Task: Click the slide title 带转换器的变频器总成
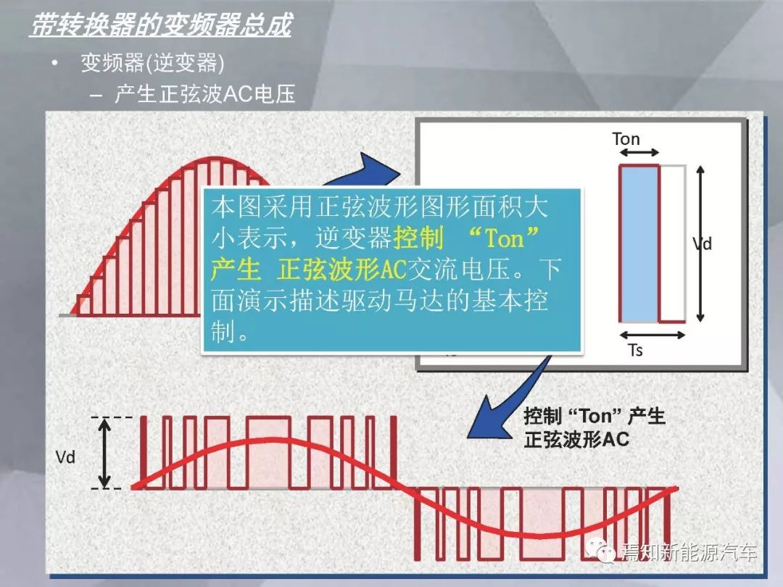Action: (161, 25)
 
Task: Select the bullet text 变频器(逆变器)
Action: (152, 63)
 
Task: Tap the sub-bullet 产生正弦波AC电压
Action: (205, 93)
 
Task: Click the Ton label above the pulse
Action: (626, 138)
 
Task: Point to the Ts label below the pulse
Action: (634, 350)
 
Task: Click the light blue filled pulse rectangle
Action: (639, 243)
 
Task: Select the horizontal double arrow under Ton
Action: (639, 152)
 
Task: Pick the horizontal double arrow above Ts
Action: (652, 335)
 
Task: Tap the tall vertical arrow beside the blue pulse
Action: (700, 243)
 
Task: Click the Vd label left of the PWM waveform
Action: (65, 457)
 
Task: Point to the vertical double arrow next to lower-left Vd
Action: (104, 453)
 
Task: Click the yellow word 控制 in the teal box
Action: (418, 238)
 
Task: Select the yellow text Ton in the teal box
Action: (505, 238)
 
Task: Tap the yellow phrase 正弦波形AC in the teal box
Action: (341, 270)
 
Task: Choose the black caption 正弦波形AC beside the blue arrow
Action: (576, 440)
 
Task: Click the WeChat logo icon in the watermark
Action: (601, 550)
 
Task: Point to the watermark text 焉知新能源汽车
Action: (689, 552)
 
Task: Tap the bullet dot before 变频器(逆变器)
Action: (55, 63)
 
